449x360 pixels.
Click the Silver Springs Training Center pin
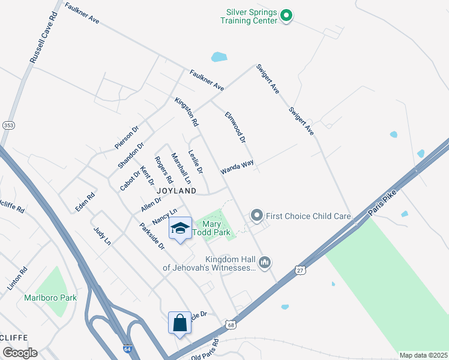(286, 16)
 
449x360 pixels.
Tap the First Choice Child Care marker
(257, 215)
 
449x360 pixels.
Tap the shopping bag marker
(179, 323)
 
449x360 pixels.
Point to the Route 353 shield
(8, 125)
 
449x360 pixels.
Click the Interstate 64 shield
(126, 349)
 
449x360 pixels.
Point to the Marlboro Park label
(42, 297)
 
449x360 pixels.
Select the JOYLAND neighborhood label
(177, 190)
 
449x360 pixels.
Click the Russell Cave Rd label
(41, 37)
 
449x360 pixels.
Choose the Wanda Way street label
(237, 166)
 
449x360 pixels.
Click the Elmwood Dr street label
(235, 127)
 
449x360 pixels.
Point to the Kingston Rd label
(187, 112)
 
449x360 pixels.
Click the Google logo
(19, 352)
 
